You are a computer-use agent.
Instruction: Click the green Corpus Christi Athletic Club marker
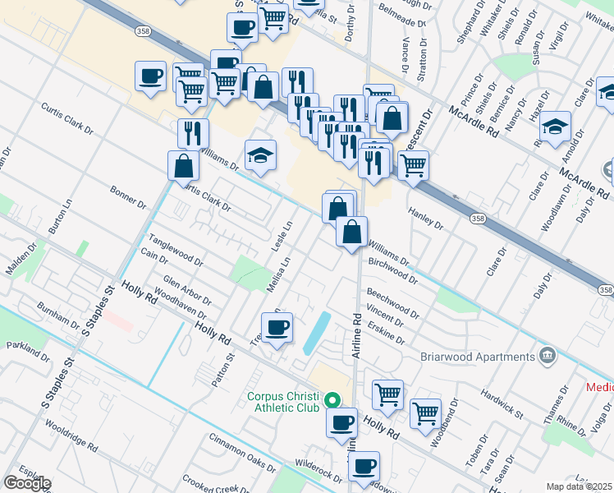[332, 401]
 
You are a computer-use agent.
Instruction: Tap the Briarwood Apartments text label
[477, 357]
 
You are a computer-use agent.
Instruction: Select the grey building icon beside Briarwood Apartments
[546, 356]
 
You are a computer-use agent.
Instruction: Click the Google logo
[26, 483]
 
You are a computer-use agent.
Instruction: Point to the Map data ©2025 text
[579, 486]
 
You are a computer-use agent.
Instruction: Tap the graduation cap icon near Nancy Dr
[555, 126]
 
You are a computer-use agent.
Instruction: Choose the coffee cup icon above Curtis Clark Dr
[151, 76]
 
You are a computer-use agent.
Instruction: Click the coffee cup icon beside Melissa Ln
[277, 328]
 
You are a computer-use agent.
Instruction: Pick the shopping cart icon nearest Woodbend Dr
[425, 413]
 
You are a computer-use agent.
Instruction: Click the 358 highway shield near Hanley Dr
[479, 219]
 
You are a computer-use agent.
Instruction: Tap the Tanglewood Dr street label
[175, 250]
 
